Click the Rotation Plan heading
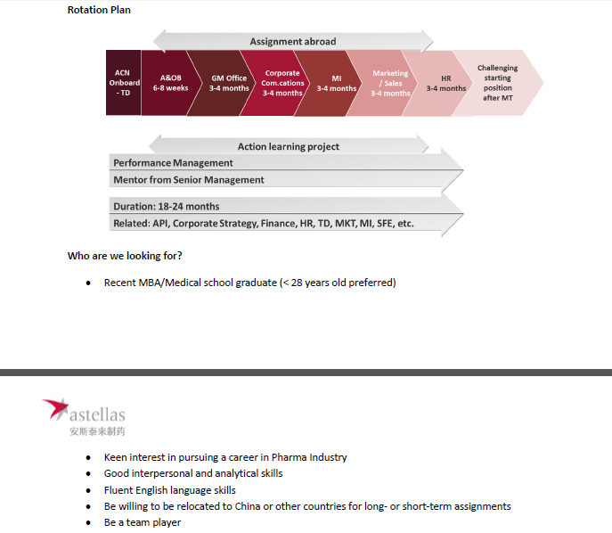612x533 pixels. pos(99,10)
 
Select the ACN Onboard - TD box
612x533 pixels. pos(123,83)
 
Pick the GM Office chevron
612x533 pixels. pos(229,83)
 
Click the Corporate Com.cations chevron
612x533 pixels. pos(283,83)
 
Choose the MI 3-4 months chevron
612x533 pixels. pos(337,83)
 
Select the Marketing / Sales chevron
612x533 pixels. pos(390,83)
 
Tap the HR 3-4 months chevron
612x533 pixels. pos(445,83)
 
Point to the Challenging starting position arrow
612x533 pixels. pos(498,83)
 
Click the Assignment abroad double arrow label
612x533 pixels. pos(292,42)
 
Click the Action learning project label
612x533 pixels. pos(288,146)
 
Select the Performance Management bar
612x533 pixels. pos(174,163)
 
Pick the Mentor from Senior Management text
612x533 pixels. pos(189,180)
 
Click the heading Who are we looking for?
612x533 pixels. pos(125,256)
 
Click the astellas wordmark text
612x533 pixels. pos(97,414)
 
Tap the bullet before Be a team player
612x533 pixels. pos(88,523)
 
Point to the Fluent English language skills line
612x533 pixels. pos(169,490)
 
